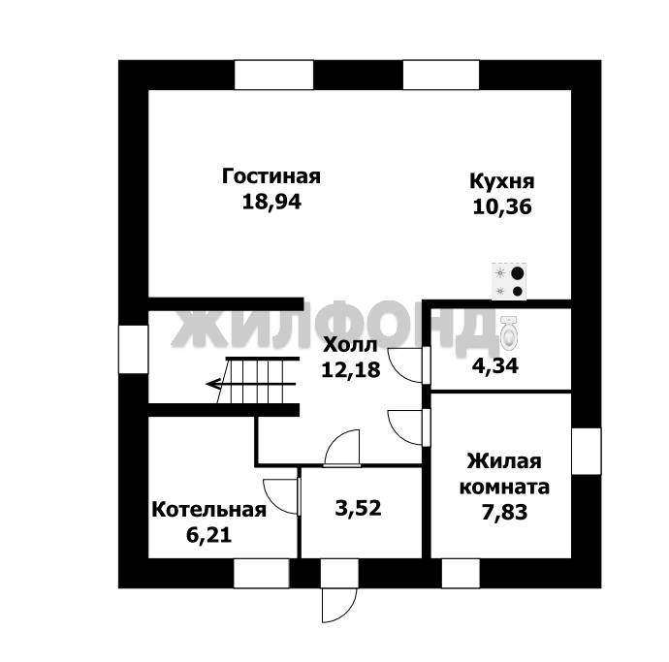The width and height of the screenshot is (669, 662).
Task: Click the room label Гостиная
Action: click(x=271, y=176)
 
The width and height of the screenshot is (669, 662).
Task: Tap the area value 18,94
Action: click(x=271, y=202)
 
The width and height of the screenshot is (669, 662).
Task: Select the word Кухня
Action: click(x=502, y=181)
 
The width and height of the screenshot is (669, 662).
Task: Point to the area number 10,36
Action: click(x=502, y=206)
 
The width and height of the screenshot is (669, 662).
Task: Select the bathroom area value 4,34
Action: click(x=494, y=366)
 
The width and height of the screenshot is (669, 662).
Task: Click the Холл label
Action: click(x=350, y=345)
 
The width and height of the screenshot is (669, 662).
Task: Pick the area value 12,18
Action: click(x=350, y=369)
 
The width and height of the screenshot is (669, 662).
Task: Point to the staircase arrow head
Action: click(x=212, y=385)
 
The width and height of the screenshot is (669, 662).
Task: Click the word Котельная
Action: click(x=209, y=510)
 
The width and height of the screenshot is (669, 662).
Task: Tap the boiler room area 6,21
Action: click(x=209, y=535)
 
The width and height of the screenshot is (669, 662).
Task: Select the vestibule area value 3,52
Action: click(x=358, y=508)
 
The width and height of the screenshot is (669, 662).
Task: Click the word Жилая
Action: click(x=504, y=461)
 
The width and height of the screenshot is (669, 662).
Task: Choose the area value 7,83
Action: click(x=504, y=512)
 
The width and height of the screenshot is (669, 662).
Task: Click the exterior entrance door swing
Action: click(x=339, y=605)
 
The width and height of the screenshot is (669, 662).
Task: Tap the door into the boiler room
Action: click(x=281, y=497)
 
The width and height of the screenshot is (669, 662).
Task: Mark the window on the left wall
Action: click(x=133, y=349)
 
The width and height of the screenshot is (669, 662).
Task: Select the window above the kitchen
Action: click(x=441, y=75)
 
